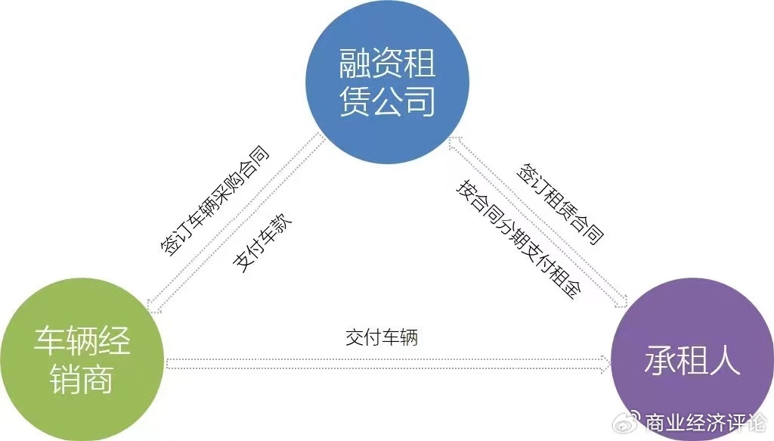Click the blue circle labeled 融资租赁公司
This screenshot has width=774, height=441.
388,82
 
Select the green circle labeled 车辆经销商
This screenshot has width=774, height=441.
82,359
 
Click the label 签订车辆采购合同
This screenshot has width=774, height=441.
215,201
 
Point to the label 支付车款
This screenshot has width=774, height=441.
262,243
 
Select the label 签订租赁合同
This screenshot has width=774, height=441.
560,204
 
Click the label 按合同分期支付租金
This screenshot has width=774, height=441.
519,240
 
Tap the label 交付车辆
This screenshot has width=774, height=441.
382,338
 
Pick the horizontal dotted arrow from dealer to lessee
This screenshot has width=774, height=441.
388,365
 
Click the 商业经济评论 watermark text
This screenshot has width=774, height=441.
706,423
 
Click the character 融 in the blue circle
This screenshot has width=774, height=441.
355,64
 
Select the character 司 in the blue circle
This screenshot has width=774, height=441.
420,101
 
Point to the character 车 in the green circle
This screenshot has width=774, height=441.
49,340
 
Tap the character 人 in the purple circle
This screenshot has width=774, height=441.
725,360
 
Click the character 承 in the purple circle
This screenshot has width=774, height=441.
660,360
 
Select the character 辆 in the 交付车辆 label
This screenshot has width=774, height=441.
409,338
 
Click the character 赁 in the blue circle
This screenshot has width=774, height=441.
355,101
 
